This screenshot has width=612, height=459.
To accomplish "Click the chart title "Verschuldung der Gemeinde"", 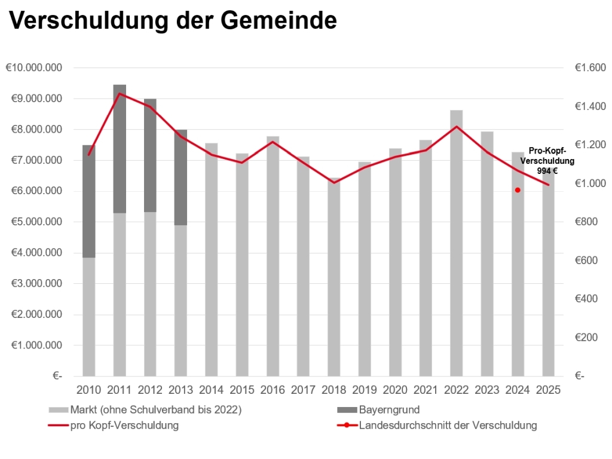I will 173,21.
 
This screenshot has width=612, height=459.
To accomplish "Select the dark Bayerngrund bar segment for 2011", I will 120,149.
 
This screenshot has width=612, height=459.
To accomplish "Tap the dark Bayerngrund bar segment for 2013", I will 181,178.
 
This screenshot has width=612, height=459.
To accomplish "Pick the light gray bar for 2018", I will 334,281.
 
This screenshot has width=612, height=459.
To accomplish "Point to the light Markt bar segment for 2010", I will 89,317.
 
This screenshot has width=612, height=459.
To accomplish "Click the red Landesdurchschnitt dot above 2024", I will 518,190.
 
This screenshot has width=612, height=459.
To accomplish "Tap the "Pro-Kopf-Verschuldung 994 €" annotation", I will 547,161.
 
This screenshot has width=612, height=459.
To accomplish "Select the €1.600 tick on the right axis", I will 590,68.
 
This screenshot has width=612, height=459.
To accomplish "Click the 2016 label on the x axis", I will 273,391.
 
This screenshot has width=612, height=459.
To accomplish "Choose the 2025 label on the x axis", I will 548,391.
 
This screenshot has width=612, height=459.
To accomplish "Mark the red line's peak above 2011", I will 120,93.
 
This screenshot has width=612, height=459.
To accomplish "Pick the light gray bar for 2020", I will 395,269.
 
